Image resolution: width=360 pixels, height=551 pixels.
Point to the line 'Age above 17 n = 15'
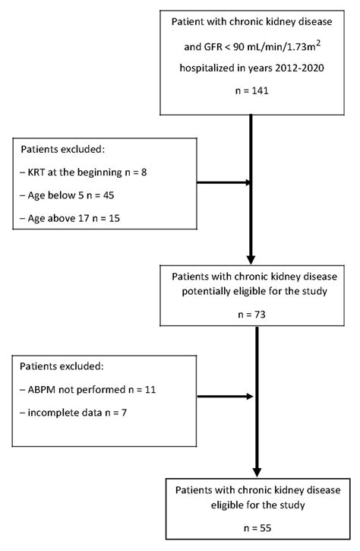click(x=74, y=220)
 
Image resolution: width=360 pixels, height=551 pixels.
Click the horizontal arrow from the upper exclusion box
click(x=224, y=182)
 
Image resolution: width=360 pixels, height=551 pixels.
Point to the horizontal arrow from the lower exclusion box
click(x=224, y=395)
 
